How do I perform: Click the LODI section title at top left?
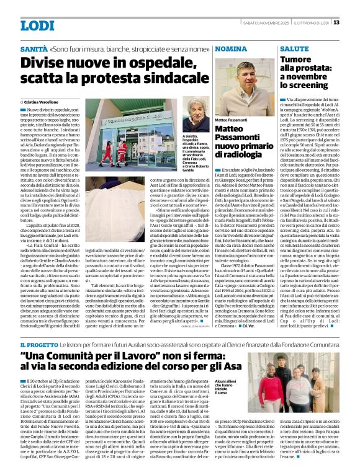click(37, 25)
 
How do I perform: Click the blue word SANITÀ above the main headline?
click(34, 49)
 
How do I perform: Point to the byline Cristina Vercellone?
click(43, 100)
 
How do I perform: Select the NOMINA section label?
click(232, 48)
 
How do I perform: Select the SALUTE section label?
click(294, 48)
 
